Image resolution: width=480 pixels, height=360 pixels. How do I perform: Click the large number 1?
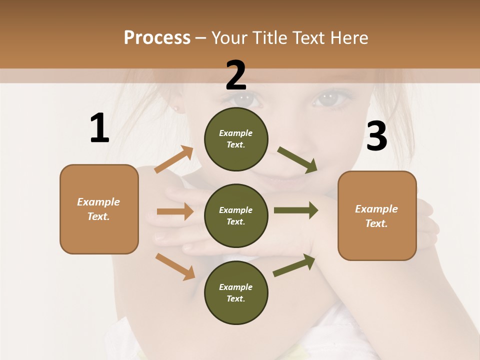(99, 128)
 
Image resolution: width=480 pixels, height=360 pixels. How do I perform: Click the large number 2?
(236, 75)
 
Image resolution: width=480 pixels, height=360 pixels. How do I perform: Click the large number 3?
(376, 136)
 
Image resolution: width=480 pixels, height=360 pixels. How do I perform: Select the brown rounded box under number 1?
(99, 209)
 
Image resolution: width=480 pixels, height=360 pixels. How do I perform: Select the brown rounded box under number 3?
(377, 215)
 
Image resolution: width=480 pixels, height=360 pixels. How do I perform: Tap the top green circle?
(236, 139)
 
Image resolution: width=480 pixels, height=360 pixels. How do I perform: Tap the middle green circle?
(236, 215)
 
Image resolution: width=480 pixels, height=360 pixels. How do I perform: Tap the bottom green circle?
(236, 292)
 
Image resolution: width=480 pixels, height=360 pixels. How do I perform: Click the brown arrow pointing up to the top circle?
(174, 159)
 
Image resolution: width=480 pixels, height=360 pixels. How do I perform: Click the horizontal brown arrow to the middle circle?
(175, 211)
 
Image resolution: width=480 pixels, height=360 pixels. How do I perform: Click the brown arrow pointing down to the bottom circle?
(175, 266)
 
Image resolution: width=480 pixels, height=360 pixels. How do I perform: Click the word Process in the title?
(157, 38)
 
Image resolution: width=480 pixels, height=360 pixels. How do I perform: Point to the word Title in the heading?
(269, 38)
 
